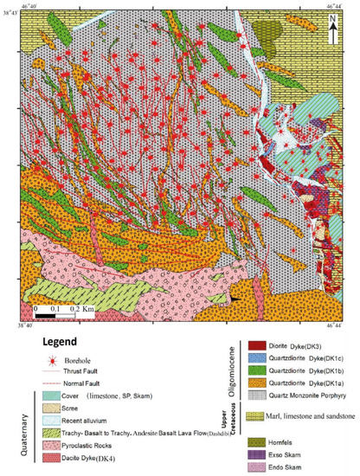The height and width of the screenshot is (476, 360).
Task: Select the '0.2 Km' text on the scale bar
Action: [x=105, y=308]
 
